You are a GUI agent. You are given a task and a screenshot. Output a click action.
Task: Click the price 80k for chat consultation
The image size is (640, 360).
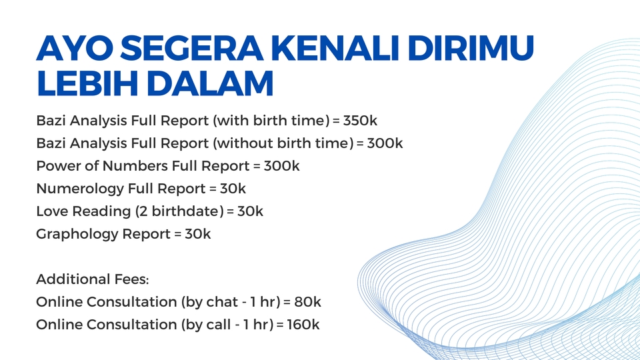[307, 302]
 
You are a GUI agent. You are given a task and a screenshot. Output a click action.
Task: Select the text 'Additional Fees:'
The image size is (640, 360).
[84, 279]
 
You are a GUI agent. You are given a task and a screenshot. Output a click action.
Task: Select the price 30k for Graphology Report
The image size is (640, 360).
[198, 234]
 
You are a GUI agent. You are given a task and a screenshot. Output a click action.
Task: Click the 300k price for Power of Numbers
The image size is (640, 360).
[282, 165]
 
